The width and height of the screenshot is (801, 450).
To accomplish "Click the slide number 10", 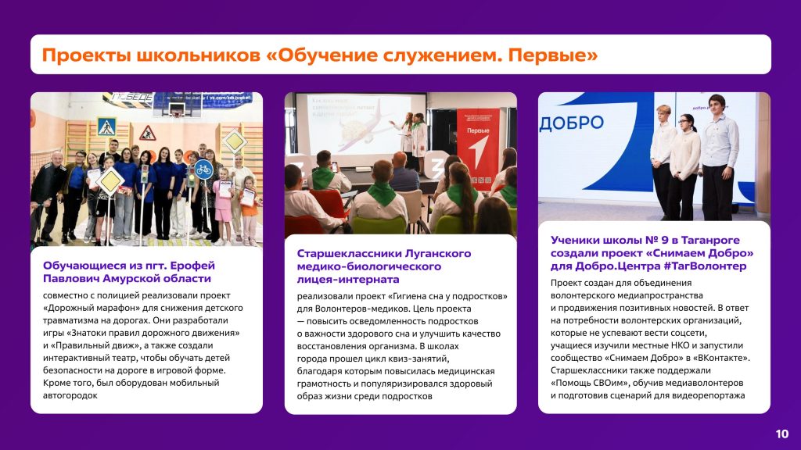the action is pos(782,434).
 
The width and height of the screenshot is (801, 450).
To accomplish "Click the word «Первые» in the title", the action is pos(553,55).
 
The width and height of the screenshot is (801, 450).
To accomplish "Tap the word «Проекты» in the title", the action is pos(85,55).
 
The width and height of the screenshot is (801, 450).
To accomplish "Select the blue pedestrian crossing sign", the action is pos(106,127).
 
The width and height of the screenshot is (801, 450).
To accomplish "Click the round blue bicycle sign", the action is pos(203,170).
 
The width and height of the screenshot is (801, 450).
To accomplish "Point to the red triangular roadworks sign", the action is pos(148,134).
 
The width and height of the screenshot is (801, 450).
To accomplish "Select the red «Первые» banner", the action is pos(478,148).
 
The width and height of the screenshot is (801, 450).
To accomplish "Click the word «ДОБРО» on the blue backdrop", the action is pos(572,123).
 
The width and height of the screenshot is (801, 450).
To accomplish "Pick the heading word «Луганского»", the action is pos(438,254).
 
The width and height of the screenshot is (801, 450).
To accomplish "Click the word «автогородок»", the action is pos(70,395).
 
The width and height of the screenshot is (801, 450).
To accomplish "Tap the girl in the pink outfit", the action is pos(223,203).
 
